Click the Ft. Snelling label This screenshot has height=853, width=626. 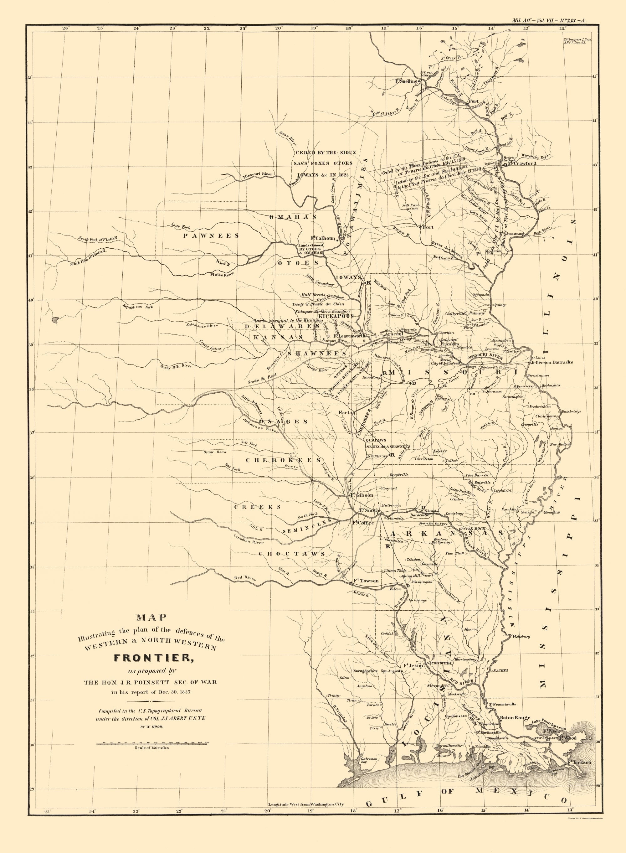[406, 81]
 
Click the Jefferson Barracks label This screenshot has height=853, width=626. [552, 362]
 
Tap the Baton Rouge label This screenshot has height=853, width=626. [515, 718]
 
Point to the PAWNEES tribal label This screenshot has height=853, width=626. [211, 235]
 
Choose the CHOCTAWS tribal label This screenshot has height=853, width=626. [292, 554]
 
